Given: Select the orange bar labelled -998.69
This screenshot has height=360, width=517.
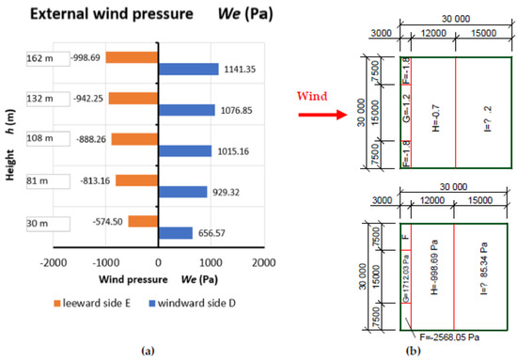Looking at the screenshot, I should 132,57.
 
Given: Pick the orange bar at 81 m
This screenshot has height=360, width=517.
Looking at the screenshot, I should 136,180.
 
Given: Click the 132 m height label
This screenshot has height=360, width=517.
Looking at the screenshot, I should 42,98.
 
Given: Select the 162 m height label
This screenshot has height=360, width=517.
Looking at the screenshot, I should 42,57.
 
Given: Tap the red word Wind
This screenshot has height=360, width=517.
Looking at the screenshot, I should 311,95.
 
